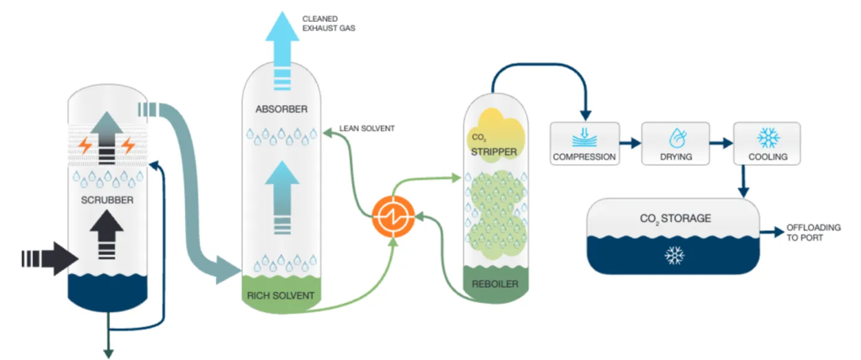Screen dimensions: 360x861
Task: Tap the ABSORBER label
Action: tap(282, 109)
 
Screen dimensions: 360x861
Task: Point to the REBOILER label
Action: tap(494, 284)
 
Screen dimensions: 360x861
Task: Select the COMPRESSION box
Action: tap(584, 142)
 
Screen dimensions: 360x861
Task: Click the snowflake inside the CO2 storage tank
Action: tap(674, 255)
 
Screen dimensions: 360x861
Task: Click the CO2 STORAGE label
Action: tap(675, 219)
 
